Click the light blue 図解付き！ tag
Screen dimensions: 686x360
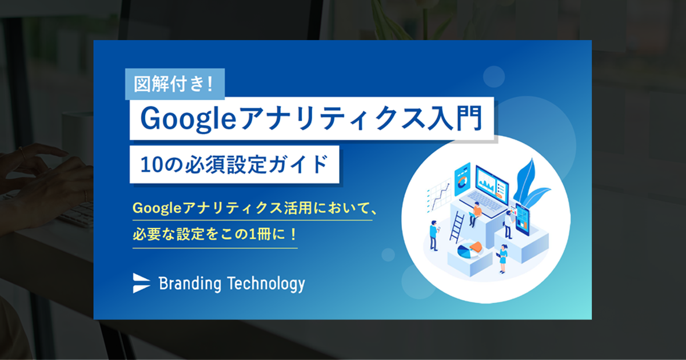[x=175, y=84]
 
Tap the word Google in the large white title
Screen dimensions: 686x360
[x=188, y=119]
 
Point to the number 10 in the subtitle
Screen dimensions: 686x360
[x=151, y=165]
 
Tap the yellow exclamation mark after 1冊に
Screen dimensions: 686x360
[x=293, y=234]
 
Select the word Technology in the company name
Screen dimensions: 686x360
[x=266, y=284]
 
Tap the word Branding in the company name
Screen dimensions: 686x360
[x=190, y=284]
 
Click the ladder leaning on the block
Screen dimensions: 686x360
[x=457, y=227]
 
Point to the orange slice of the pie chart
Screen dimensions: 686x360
[x=476, y=246]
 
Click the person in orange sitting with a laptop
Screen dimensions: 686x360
[x=475, y=214]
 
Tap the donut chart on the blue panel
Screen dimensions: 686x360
[x=462, y=182]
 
